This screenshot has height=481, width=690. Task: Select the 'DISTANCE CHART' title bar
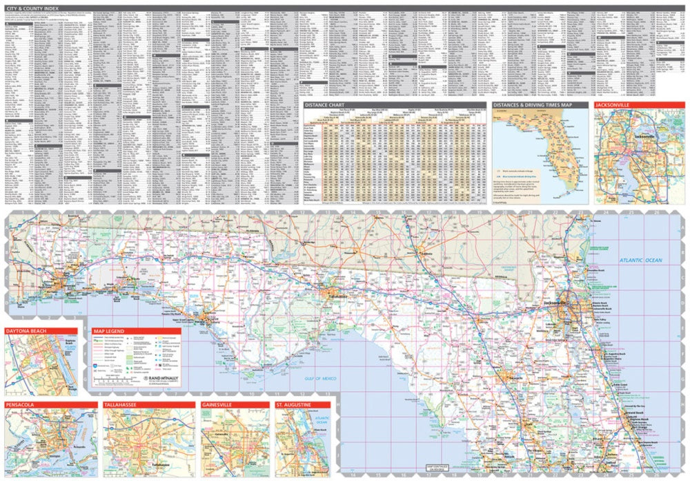pyautogui.click(x=328, y=105)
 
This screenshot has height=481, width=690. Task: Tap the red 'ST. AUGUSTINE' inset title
pyautogui.click(x=295, y=404)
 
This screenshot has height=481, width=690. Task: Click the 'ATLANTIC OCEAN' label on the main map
pyautogui.click(x=638, y=261)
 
